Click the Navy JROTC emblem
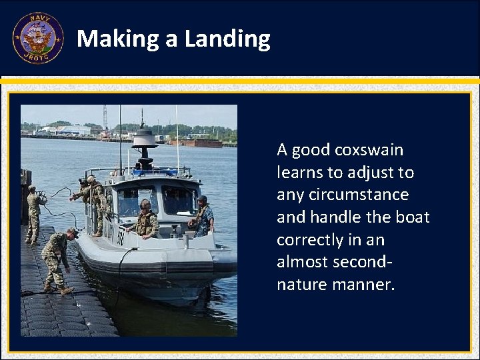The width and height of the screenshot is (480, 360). pos(37,38)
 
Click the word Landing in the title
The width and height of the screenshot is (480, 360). pos(227,39)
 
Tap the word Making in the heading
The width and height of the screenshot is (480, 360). pos(118,39)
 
